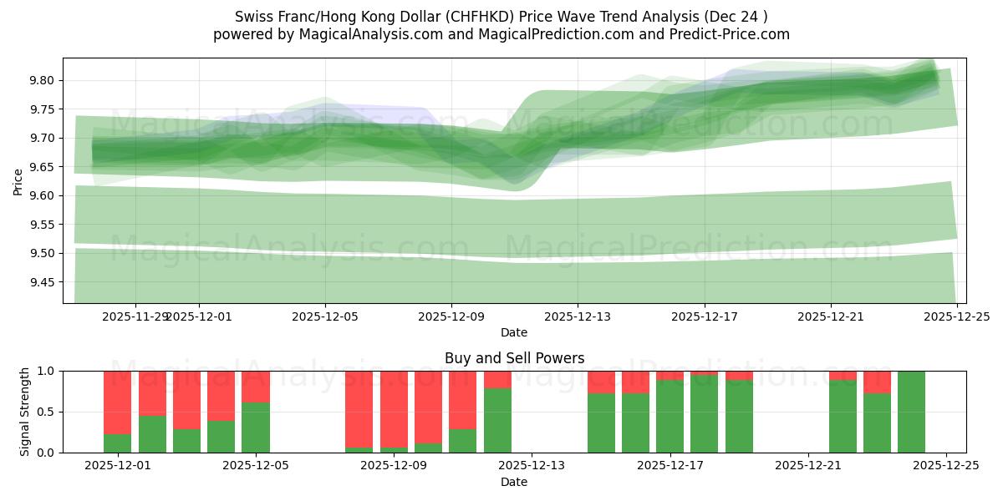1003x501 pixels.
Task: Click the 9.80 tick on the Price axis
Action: pyautogui.click(x=42, y=80)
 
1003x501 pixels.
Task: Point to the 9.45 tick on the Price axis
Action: pyautogui.click(x=42, y=282)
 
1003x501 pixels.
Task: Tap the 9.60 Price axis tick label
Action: pyautogui.click(x=42, y=195)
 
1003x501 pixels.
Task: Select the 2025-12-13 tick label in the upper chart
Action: pyautogui.click(x=578, y=317)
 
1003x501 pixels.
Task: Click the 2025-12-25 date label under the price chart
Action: pyautogui.click(x=956, y=317)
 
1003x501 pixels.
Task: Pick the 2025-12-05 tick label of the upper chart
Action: pyautogui.click(x=325, y=317)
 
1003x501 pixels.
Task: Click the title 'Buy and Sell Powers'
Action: pyautogui.click(x=514, y=358)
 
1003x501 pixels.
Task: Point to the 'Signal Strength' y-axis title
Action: pyautogui.click(x=25, y=412)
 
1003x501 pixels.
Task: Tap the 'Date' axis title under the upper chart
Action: pyautogui.click(x=514, y=332)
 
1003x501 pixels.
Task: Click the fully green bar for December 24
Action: pyautogui.click(x=911, y=412)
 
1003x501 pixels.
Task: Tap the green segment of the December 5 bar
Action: pyautogui.click(x=255, y=428)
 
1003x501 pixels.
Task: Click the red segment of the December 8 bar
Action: pyautogui.click(x=359, y=408)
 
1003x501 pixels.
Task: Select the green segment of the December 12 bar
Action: pyautogui.click(x=497, y=421)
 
